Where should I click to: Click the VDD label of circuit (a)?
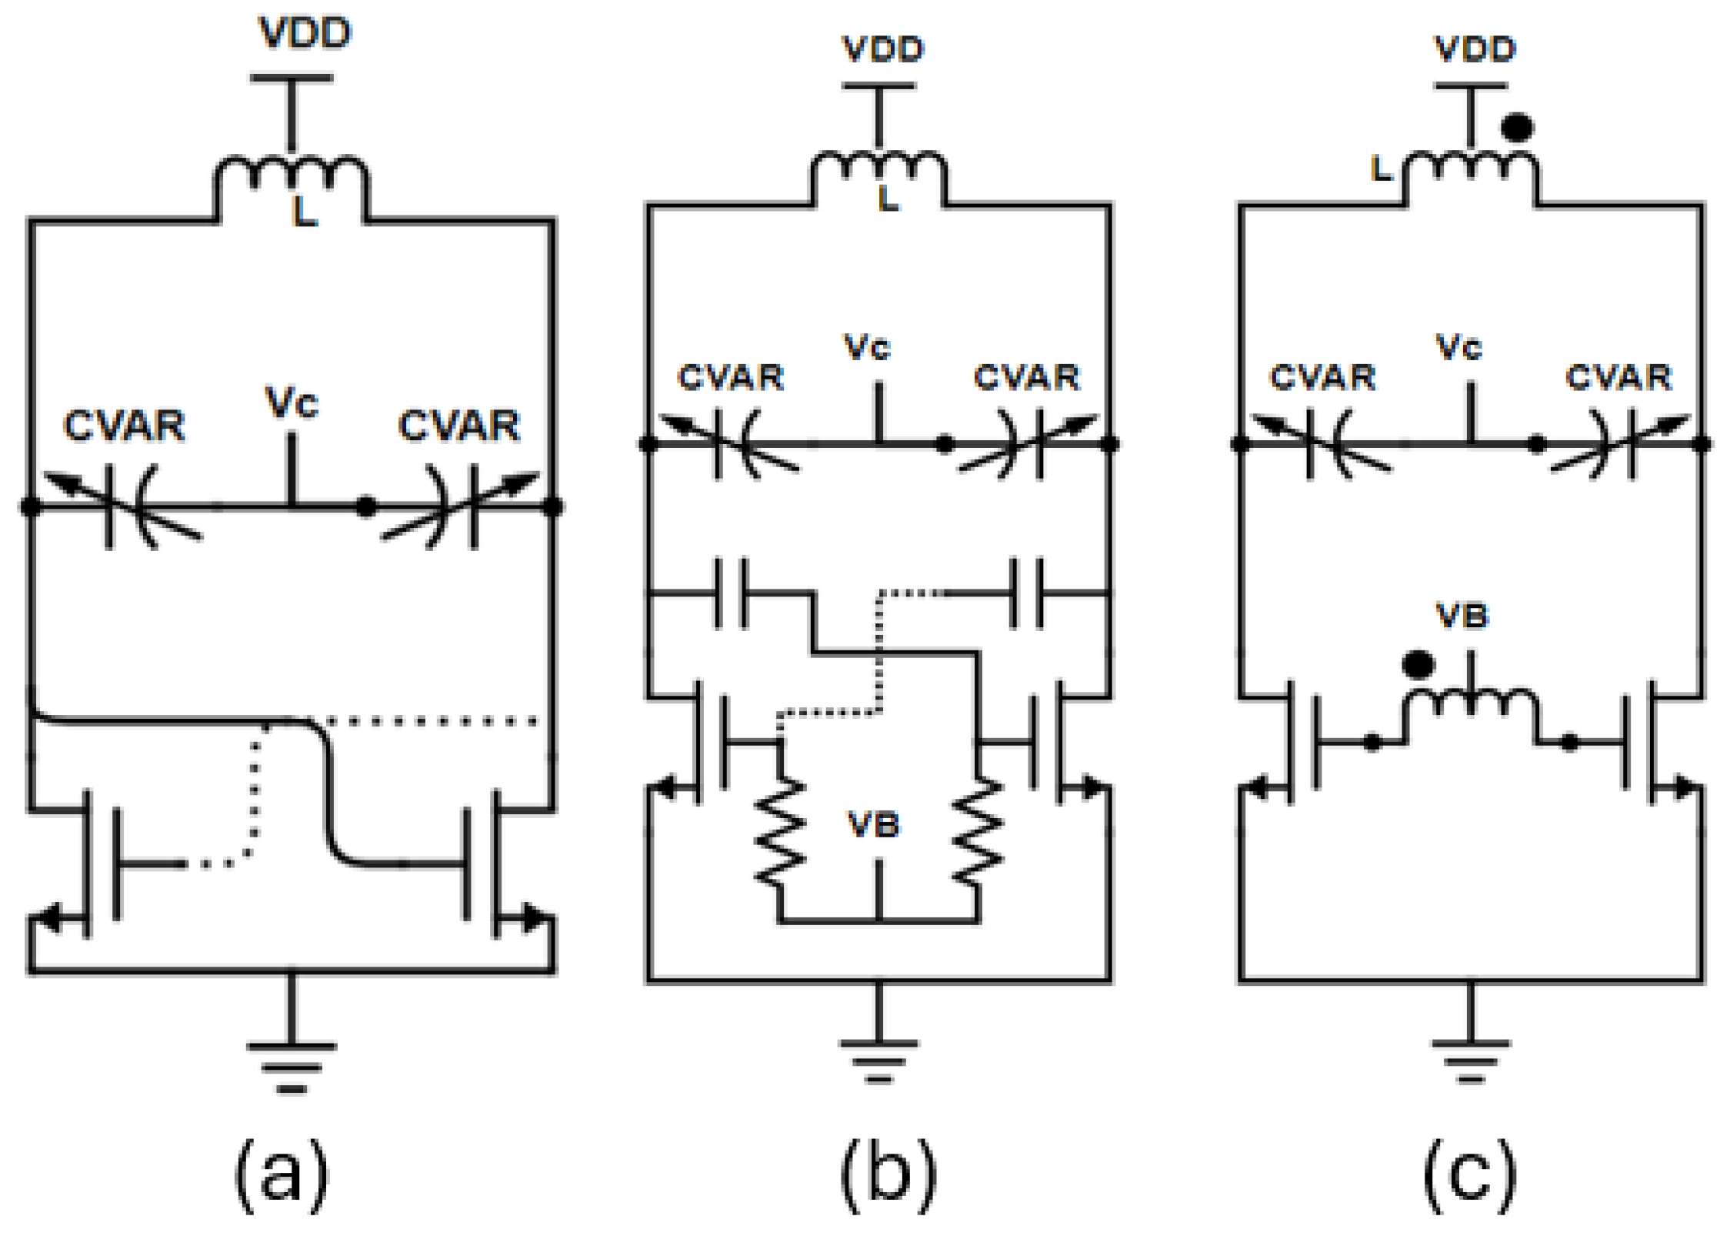(x=305, y=34)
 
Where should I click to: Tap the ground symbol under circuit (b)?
(x=878, y=1059)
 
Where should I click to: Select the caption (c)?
(x=1470, y=1173)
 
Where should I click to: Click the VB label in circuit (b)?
(x=874, y=825)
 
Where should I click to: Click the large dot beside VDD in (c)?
(x=1517, y=128)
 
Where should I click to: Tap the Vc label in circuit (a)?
(x=292, y=403)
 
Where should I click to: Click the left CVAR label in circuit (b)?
(x=731, y=378)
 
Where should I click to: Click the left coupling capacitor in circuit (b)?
(x=731, y=593)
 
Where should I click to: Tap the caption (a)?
(x=282, y=1173)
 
